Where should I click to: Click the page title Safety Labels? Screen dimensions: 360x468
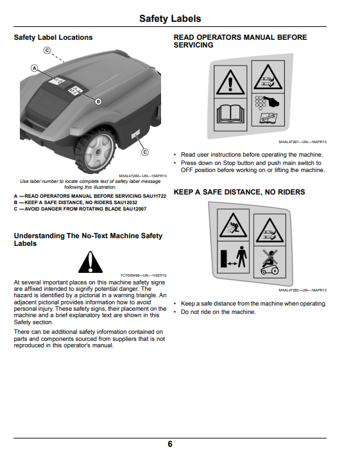click(x=170, y=19)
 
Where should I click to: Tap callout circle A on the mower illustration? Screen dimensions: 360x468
click(x=35, y=68)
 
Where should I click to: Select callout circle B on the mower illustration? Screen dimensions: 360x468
click(x=98, y=102)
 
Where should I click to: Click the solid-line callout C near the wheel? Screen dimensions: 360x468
click(x=145, y=152)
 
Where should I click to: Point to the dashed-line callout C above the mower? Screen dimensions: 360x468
click(x=47, y=50)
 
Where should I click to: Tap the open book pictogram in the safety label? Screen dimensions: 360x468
click(x=230, y=115)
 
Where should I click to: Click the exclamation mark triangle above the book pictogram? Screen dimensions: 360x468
click(x=230, y=82)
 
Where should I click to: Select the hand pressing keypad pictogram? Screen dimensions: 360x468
click(x=268, y=103)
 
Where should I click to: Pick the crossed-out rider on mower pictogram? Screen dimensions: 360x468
click(x=270, y=262)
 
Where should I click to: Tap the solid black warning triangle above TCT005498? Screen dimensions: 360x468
click(x=90, y=262)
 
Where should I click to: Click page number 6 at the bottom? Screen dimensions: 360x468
click(x=170, y=444)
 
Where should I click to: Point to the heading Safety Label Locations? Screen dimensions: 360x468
click(x=53, y=37)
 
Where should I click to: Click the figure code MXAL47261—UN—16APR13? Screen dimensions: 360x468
click(x=302, y=142)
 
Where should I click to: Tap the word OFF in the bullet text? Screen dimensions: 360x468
click(x=187, y=170)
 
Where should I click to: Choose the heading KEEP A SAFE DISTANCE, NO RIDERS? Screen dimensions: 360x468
click(x=239, y=192)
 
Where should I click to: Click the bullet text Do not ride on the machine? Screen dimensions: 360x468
click(x=218, y=312)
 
